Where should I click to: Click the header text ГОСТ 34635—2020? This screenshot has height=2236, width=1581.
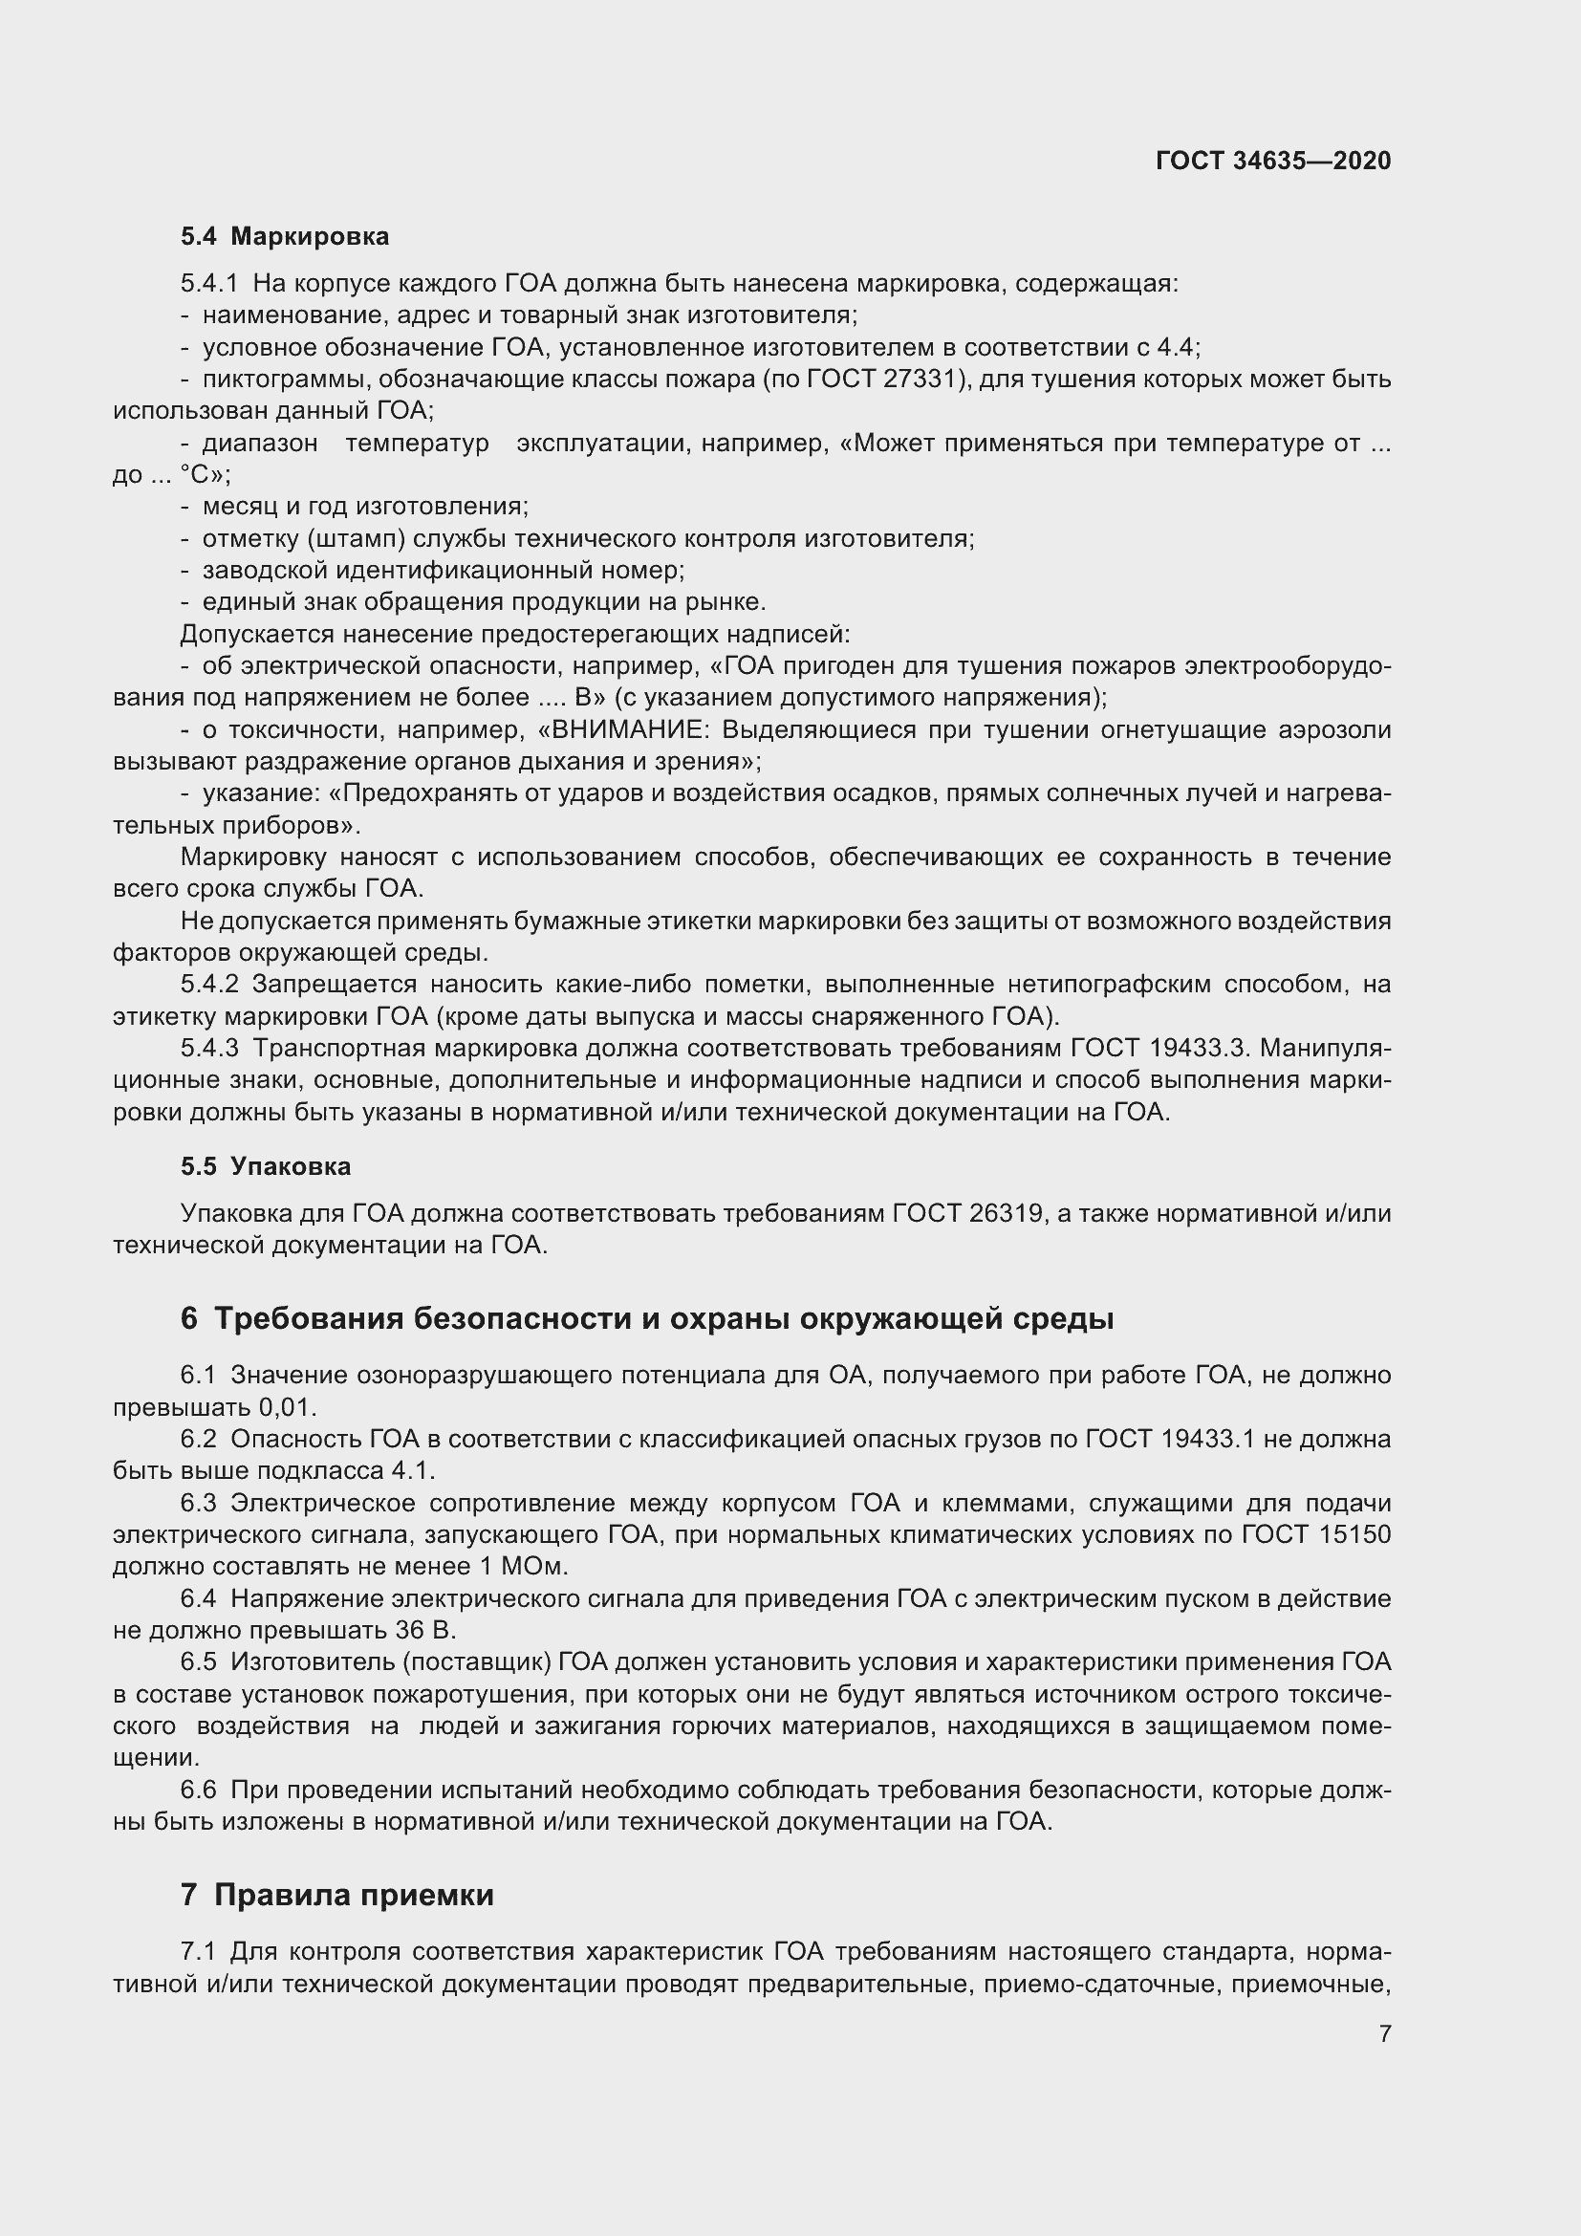1273,161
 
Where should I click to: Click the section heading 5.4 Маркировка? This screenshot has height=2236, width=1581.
284,237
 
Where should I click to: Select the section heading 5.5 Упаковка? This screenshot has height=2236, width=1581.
265,1166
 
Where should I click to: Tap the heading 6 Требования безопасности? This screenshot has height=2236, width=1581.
646,1318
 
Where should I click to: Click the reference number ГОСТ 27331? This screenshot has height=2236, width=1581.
884,379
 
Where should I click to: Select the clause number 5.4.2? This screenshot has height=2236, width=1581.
209,985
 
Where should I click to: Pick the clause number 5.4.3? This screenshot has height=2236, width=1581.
209,1048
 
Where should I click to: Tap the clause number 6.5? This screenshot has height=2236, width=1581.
198,1662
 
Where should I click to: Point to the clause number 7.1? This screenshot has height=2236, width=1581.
198,1952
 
